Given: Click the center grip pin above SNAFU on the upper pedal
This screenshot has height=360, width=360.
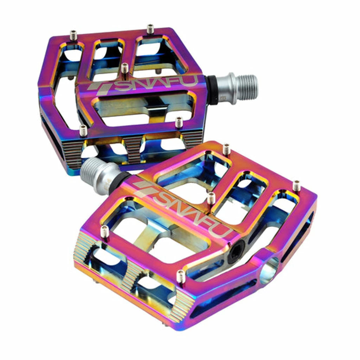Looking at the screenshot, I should click(x=124, y=68).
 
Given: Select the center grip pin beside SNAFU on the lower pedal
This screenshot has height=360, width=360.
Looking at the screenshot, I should click(x=211, y=198).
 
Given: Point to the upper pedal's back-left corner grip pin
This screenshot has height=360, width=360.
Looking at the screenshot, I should click(x=73, y=35).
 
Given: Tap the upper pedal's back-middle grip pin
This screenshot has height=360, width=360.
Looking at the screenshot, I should click(x=150, y=29).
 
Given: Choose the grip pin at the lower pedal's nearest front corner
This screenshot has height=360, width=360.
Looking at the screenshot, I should click(x=180, y=277).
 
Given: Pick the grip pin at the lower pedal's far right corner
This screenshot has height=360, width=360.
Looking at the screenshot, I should click(x=297, y=185).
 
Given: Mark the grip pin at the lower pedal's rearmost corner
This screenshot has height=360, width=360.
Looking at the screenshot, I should click(x=226, y=149).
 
